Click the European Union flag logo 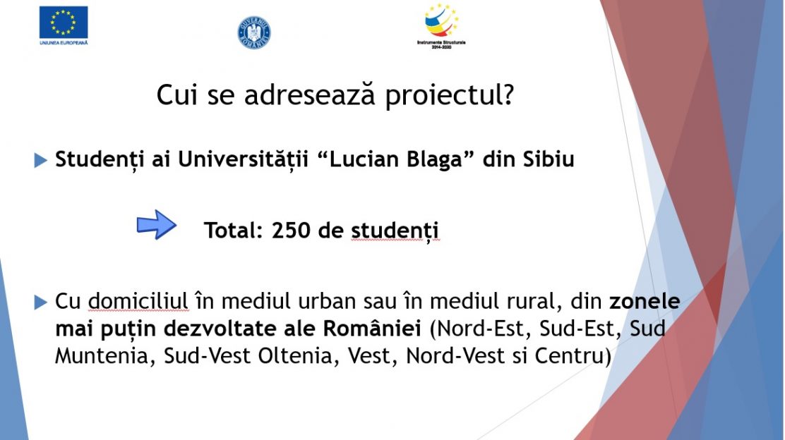pyautogui.click(x=64, y=25)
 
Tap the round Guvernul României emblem pyautogui.click(x=254, y=32)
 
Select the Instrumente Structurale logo pyautogui.click(x=441, y=26)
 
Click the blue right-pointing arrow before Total pyautogui.click(x=157, y=224)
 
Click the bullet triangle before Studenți pyautogui.click(x=40, y=161)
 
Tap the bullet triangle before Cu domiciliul pyautogui.click(x=40, y=302)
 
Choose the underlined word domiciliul pyautogui.click(x=138, y=301)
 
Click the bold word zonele pyautogui.click(x=645, y=301)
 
